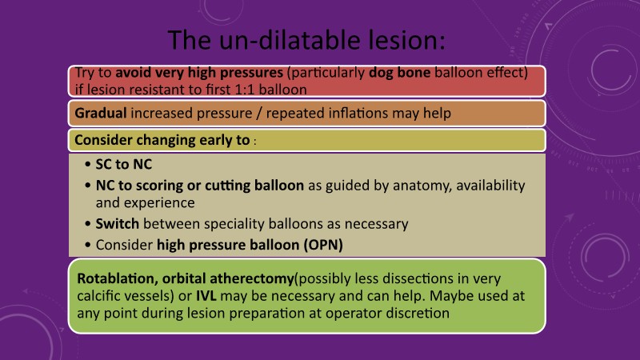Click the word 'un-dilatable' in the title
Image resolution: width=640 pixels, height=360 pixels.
290,40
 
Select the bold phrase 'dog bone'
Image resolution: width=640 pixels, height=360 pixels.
399,72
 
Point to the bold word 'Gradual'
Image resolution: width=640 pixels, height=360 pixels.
101,113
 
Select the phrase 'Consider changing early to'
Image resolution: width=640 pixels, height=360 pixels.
162,140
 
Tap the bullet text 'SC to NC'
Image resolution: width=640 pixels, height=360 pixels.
124,164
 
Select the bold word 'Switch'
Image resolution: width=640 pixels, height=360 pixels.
117,224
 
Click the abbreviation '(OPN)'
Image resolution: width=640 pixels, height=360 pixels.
323,245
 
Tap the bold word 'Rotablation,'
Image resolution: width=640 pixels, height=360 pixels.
118,278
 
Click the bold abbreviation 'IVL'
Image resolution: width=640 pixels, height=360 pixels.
206,295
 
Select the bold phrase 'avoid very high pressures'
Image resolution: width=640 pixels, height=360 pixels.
199,72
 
